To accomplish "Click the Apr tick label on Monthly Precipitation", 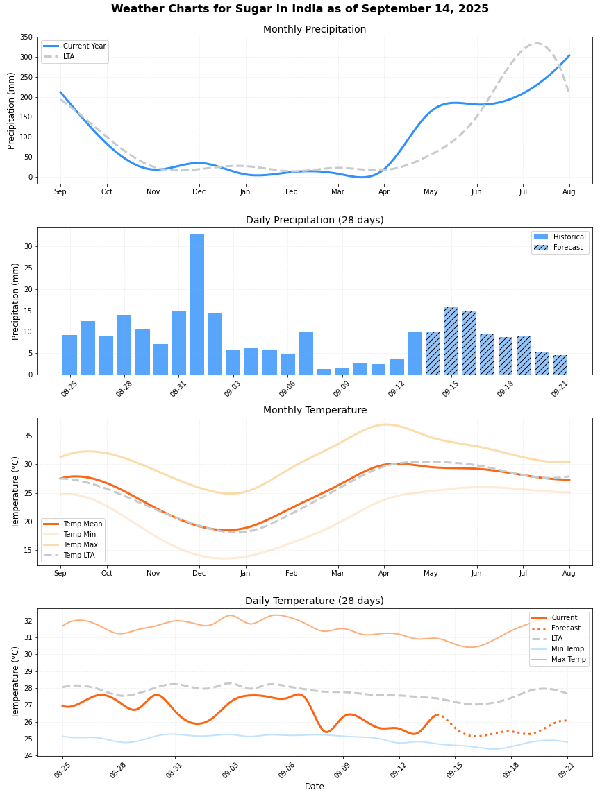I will [384, 191].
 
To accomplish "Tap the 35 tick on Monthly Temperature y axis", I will [28, 436].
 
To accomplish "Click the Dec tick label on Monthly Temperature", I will [199, 573].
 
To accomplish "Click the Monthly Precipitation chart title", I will [314, 30].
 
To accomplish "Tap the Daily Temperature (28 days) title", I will [314, 601].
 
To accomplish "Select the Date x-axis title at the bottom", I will [314, 787].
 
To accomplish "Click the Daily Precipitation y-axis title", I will [15, 301].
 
